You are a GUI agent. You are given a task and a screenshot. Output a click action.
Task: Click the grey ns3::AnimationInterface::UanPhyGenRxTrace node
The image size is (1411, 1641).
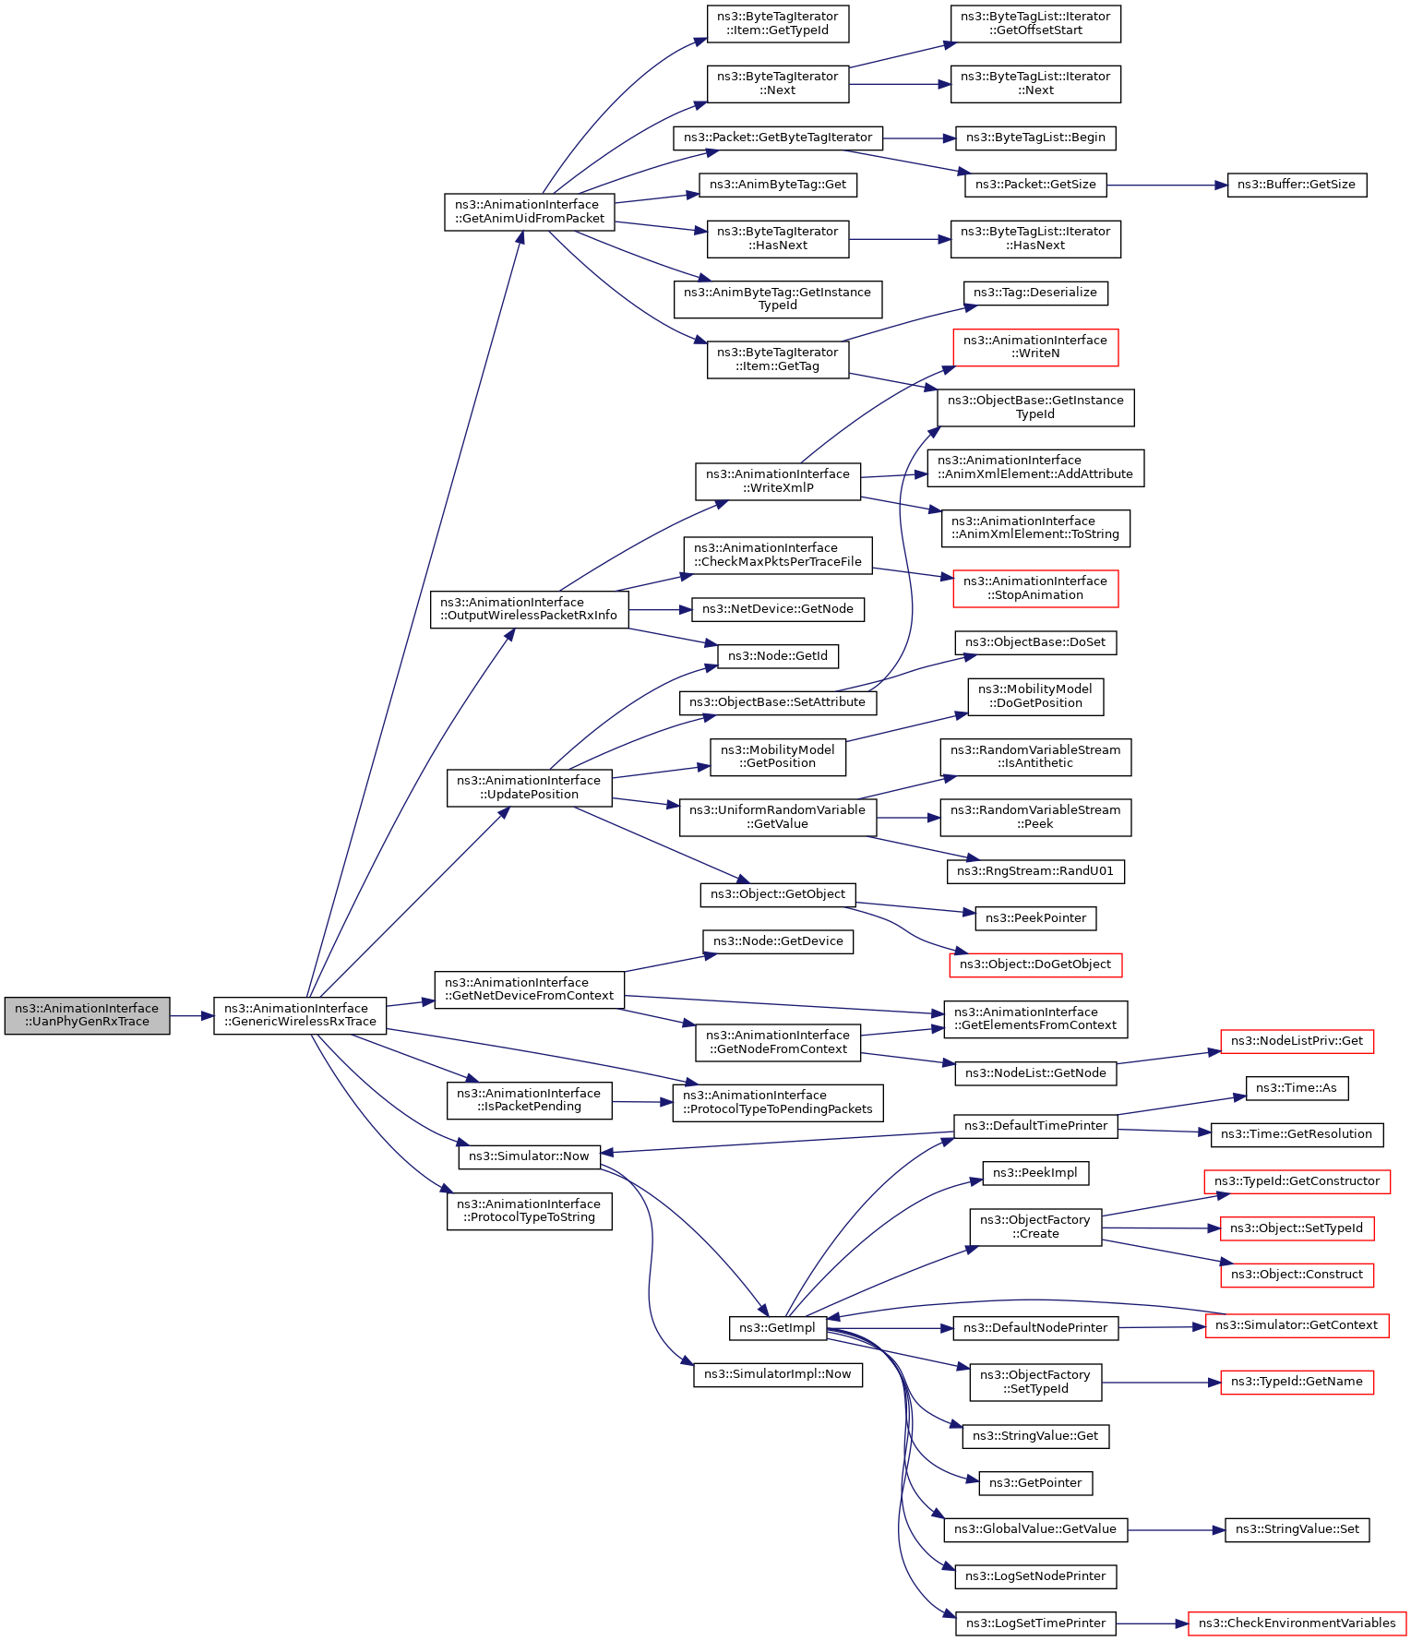point(87,1015)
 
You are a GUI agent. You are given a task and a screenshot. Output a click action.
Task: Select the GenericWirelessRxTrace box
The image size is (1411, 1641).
point(300,1015)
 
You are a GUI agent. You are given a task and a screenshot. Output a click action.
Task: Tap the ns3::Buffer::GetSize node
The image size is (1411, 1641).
point(1297,185)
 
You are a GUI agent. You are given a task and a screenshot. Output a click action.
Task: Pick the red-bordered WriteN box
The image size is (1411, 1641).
point(1035,347)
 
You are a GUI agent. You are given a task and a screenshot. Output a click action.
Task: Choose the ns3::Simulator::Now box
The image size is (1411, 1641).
point(529,1156)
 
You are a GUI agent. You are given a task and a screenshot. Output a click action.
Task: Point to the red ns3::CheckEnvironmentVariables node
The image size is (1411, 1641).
point(1297,1623)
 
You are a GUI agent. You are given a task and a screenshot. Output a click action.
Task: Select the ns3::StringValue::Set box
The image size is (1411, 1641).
point(1297,1529)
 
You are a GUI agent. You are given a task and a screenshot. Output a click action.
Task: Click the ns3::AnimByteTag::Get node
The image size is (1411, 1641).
point(778,185)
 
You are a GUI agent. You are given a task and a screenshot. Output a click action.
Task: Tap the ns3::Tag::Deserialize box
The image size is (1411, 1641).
point(1035,293)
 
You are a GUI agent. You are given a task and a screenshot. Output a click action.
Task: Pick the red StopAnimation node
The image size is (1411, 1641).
point(1035,588)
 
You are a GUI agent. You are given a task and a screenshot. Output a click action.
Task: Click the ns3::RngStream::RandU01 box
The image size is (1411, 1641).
point(1035,871)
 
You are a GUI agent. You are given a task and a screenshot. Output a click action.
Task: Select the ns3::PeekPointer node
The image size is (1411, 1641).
point(1035,918)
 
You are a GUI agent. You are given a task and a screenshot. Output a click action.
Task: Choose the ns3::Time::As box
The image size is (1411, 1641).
point(1297,1088)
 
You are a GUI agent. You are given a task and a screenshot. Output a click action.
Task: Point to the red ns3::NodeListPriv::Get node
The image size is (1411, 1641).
point(1297,1041)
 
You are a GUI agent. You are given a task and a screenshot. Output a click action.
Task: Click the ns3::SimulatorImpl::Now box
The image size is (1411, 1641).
point(778,1374)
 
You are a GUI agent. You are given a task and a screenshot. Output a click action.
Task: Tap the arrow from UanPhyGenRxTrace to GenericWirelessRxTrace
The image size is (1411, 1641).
point(192,1016)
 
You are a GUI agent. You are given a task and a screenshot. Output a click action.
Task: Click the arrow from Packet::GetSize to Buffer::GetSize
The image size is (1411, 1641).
point(1167,186)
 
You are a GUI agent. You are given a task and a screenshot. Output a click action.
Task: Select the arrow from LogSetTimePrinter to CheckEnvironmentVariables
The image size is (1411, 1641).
point(1153,1623)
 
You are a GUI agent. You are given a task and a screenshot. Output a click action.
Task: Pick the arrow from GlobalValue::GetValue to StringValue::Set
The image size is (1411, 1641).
point(1177,1530)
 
